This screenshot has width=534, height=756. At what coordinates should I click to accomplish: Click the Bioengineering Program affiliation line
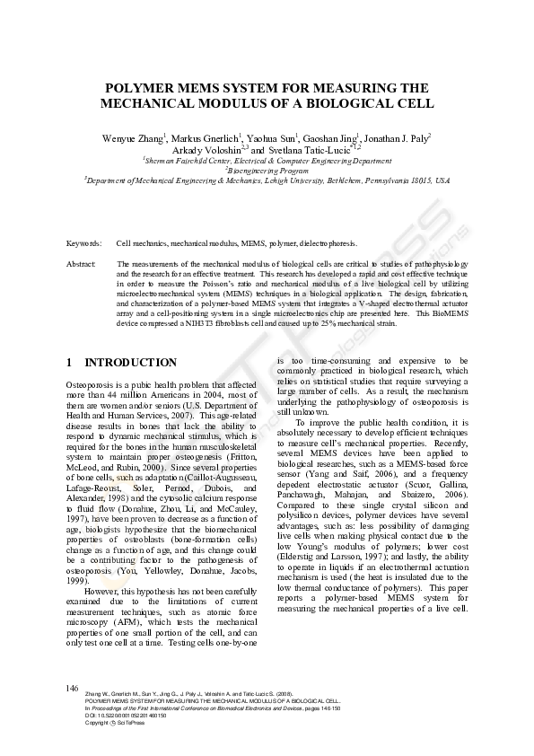click(x=267, y=170)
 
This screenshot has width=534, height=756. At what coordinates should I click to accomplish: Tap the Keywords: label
click(x=83, y=243)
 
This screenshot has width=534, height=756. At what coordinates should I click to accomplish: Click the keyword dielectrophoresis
click(x=329, y=243)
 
